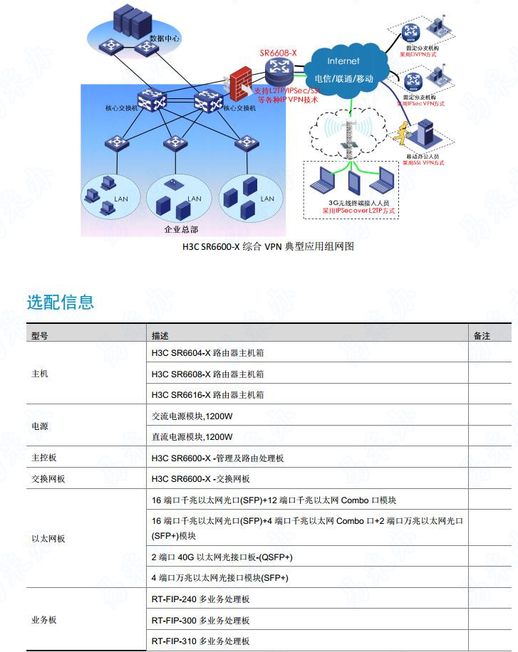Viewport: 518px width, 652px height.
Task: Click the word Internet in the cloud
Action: (x=343, y=61)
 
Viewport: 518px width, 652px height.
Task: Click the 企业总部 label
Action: (x=181, y=229)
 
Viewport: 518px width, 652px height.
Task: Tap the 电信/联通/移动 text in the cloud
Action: (x=344, y=78)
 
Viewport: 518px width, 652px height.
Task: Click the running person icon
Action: (x=405, y=134)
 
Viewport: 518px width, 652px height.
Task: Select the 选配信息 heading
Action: (x=61, y=302)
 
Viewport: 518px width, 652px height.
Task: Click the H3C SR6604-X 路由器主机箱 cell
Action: (x=207, y=353)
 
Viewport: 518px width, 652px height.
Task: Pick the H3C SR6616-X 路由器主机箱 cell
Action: (x=207, y=395)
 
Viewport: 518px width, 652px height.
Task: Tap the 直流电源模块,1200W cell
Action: (x=192, y=437)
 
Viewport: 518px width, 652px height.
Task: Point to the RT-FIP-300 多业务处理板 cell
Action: (x=201, y=620)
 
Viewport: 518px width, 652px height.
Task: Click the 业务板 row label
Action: (x=44, y=620)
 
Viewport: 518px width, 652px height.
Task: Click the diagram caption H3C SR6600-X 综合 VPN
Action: (x=268, y=247)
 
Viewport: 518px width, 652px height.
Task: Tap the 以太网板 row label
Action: (x=48, y=539)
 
